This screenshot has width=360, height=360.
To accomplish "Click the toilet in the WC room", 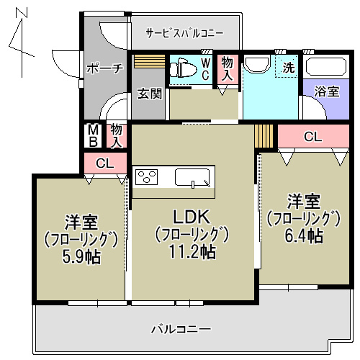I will [x=182, y=70].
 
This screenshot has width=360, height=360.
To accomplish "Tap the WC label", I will [x=204, y=70].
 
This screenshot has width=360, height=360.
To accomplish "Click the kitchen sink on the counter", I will [x=194, y=177].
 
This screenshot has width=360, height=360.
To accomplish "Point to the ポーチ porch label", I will [x=105, y=69].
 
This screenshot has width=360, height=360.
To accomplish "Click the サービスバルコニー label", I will [x=184, y=33].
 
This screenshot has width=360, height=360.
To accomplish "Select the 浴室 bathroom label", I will [x=328, y=91].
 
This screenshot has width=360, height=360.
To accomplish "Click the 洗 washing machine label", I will [x=288, y=68].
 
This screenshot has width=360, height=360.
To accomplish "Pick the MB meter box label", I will [x=93, y=135].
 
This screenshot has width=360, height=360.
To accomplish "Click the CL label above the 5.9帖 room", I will [x=104, y=163].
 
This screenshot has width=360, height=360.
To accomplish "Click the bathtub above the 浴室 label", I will [x=325, y=68].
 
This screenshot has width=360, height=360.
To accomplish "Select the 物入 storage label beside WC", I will [x=227, y=69].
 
